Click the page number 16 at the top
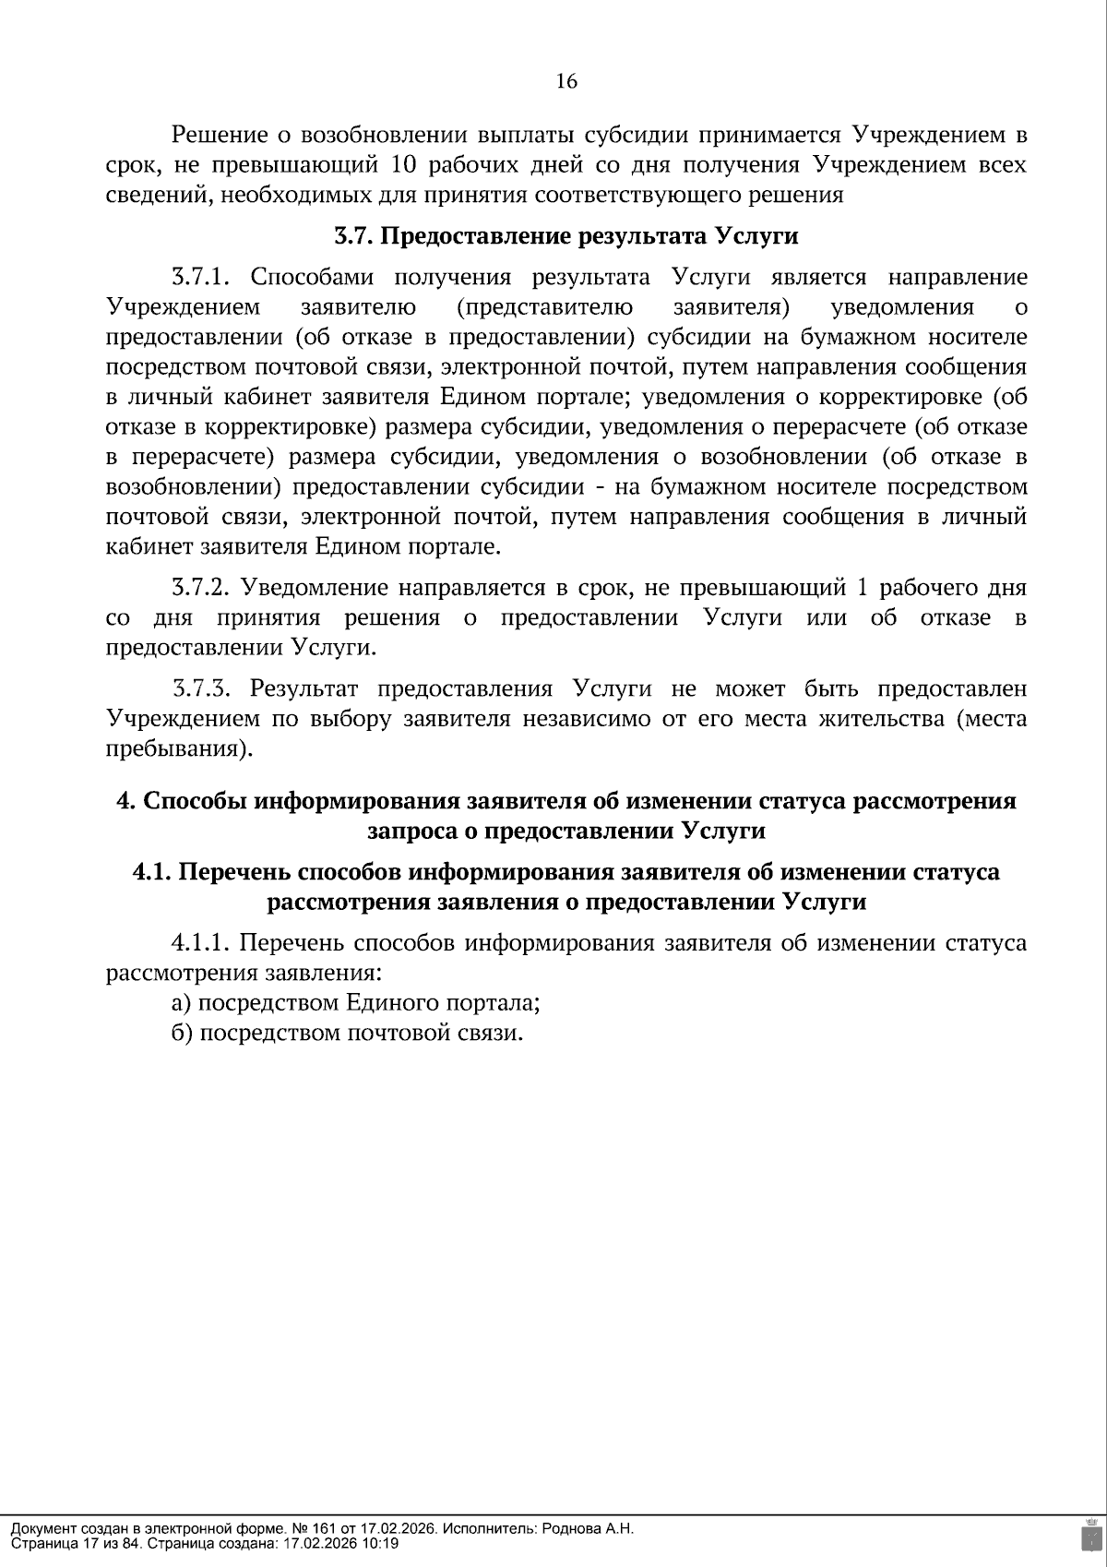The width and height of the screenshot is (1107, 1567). (x=566, y=82)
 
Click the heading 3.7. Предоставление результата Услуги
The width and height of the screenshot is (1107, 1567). (x=565, y=236)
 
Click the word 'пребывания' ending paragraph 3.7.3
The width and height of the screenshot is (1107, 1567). (x=175, y=749)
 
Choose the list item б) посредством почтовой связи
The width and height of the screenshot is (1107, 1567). (x=347, y=1033)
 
